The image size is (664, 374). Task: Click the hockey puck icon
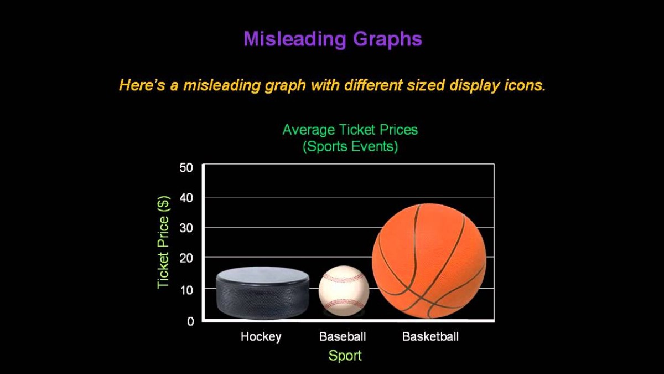point(262,293)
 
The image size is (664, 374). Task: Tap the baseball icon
point(344,290)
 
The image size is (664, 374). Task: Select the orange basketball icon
point(429,261)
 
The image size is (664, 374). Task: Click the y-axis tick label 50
point(186,167)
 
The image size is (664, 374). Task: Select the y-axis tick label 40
point(186,198)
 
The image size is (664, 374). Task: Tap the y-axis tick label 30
point(186,228)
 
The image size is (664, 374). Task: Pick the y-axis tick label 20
point(186,258)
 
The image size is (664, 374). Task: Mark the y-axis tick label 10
point(186,289)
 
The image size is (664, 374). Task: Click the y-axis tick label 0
point(190,321)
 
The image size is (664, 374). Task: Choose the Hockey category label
point(261,336)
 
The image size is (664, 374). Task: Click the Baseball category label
point(343,336)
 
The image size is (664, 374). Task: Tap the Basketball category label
point(430,336)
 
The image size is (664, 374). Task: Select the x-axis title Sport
point(345,356)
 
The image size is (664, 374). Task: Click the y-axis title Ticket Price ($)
point(163,242)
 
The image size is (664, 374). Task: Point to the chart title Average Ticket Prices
point(350,130)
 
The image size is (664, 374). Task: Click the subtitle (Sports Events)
point(350,147)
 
